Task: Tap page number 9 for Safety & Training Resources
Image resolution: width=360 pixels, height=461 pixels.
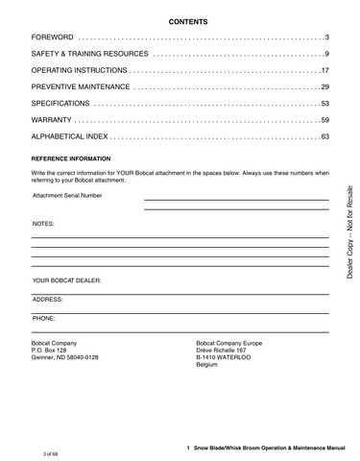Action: point(326,54)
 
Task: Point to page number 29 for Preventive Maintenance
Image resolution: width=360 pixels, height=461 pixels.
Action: point(324,87)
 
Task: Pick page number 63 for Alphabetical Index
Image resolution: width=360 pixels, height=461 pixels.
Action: point(324,137)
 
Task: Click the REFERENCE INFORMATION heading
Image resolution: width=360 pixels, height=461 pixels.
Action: point(71,158)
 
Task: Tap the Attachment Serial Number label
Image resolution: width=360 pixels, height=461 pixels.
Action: point(67,195)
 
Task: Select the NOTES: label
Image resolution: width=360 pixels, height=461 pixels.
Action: point(43,223)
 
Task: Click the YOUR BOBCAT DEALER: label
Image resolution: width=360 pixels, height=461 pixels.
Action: point(66,280)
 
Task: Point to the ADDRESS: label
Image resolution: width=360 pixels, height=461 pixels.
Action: point(47,299)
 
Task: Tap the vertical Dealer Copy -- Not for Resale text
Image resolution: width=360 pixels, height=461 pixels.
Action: point(349,230)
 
